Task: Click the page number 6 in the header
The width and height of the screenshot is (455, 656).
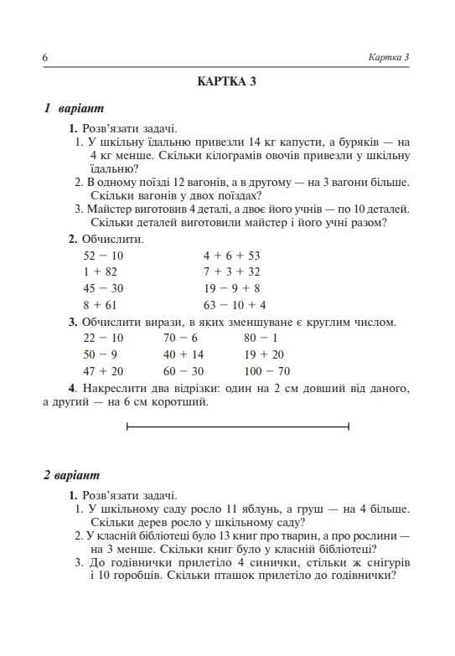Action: click(44, 57)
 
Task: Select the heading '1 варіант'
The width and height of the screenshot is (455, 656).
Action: click(74, 109)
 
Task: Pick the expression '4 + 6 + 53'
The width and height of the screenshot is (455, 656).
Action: click(232, 256)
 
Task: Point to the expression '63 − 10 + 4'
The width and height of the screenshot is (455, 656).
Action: click(235, 305)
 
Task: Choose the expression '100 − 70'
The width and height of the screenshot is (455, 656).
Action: click(266, 370)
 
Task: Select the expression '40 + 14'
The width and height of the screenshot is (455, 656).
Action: click(184, 354)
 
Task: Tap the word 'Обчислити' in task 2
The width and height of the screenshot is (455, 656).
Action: click(111, 239)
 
